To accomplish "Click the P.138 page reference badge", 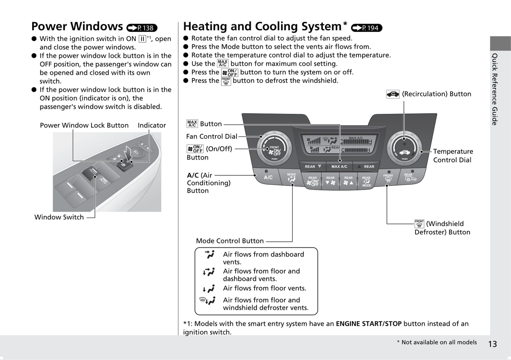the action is [x=142, y=28].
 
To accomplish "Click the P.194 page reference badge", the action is [x=367, y=28].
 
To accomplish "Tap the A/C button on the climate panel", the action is [x=268, y=177].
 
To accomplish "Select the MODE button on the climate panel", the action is [x=291, y=178].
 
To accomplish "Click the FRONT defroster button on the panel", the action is [x=388, y=178].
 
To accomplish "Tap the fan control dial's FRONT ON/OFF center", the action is [x=274, y=151].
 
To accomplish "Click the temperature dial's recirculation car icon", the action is [x=405, y=152].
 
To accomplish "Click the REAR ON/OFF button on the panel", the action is [x=312, y=181].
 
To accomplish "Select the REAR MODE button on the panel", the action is [x=366, y=181].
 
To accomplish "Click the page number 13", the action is [x=493, y=344].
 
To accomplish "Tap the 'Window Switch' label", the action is [x=59, y=217].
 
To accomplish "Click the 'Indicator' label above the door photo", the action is [x=152, y=125].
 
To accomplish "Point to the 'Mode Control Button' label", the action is [x=230, y=241].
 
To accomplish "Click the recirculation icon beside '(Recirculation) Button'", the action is [x=393, y=94].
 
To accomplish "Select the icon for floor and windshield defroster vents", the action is [x=207, y=301].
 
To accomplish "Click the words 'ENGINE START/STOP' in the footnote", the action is [x=368, y=324].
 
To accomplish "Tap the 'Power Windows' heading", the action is [x=77, y=26].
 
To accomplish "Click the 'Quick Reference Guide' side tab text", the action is [x=495, y=89].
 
